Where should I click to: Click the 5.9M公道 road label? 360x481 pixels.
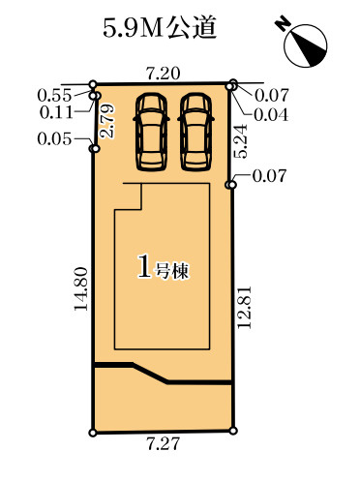[160, 28]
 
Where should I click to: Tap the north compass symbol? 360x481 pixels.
[306, 45]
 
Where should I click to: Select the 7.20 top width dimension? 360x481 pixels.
[164, 74]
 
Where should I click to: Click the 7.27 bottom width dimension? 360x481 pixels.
[163, 444]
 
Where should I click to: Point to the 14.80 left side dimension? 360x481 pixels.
[81, 288]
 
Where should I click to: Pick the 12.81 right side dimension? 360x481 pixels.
[245, 307]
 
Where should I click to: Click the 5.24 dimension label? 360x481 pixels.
[241, 141]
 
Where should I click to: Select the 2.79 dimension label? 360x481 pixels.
[107, 121]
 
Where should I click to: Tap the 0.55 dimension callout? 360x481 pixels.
[54, 96]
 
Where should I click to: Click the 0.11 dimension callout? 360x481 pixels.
[56, 112]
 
